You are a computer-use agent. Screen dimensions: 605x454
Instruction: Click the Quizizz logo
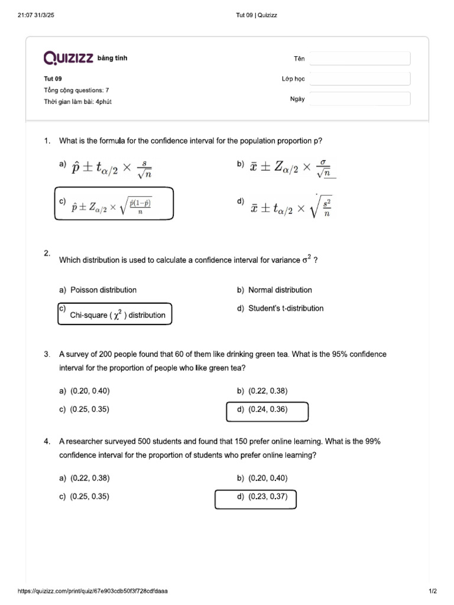(68, 58)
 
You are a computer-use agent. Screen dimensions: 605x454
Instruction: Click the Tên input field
(359, 58)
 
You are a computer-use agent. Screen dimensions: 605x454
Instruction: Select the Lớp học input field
(359, 79)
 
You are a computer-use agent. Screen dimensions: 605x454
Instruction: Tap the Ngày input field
(359, 99)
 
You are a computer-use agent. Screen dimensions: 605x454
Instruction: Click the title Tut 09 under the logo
(53, 79)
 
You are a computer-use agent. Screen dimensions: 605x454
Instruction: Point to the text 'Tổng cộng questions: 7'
(76, 90)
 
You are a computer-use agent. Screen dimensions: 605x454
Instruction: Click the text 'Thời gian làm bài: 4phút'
(77, 102)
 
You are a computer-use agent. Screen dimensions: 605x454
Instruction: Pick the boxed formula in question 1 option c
(113, 204)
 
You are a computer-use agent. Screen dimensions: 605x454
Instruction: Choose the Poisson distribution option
(103, 290)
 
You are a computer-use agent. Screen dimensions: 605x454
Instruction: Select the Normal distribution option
(280, 290)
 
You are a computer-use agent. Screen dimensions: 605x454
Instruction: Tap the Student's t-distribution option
(286, 308)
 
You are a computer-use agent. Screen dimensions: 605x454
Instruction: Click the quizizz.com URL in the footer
(93, 591)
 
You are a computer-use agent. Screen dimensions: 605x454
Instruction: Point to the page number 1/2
(432, 591)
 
